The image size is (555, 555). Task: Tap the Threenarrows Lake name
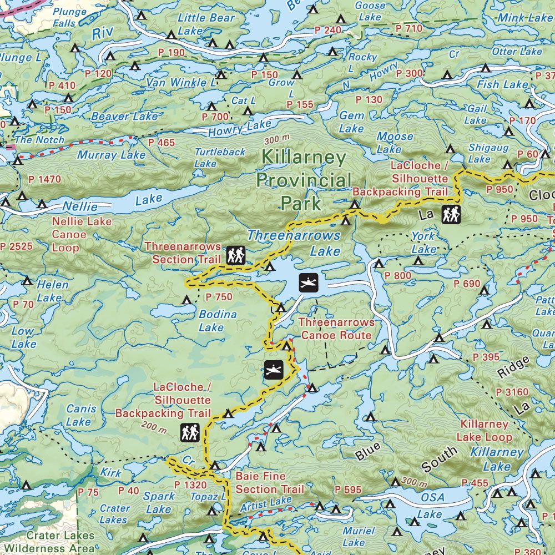[x=294, y=243]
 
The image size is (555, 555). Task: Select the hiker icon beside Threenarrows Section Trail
[x=236, y=255]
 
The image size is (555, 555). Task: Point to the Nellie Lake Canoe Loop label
[x=81, y=234]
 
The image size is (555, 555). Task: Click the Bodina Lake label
[x=217, y=321]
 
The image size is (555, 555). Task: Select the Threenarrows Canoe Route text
[x=336, y=329]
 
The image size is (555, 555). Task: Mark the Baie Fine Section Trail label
[x=270, y=483]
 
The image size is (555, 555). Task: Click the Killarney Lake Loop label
[x=484, y=430]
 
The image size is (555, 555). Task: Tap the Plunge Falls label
[x=69, y=18]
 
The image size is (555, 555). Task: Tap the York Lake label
[x=423, y=243]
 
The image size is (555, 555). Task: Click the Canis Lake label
[x=81, y=415]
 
